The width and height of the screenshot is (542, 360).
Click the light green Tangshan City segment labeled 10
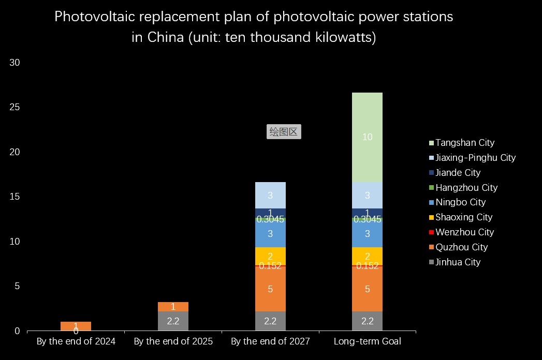pos(367,137)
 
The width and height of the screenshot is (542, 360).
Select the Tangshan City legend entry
pos(465,143)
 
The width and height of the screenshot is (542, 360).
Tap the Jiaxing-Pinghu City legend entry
pos(475,158)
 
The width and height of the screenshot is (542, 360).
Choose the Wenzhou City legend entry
pos(464,232)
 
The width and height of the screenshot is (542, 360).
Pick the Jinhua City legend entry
pos(458,262)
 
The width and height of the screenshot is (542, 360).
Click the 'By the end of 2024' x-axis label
pos(76,341)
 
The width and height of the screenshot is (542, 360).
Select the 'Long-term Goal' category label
pos(367,341)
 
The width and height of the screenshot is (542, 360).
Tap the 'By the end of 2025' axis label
pos(173,341)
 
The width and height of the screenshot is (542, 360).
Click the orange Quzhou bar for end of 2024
pos(76,326)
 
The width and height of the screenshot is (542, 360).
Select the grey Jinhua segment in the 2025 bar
pos(173,321)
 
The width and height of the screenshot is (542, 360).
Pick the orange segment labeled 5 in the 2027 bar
pos(270,289)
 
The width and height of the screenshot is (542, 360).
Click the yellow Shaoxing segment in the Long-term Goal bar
pos(367,256)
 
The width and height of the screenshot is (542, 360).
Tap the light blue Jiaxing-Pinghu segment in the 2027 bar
pos(270,195)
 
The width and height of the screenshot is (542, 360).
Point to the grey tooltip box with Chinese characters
pos(284,132)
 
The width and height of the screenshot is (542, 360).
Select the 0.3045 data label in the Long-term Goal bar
pos(367,219)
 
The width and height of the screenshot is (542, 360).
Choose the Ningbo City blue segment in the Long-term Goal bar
pos(367,234)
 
